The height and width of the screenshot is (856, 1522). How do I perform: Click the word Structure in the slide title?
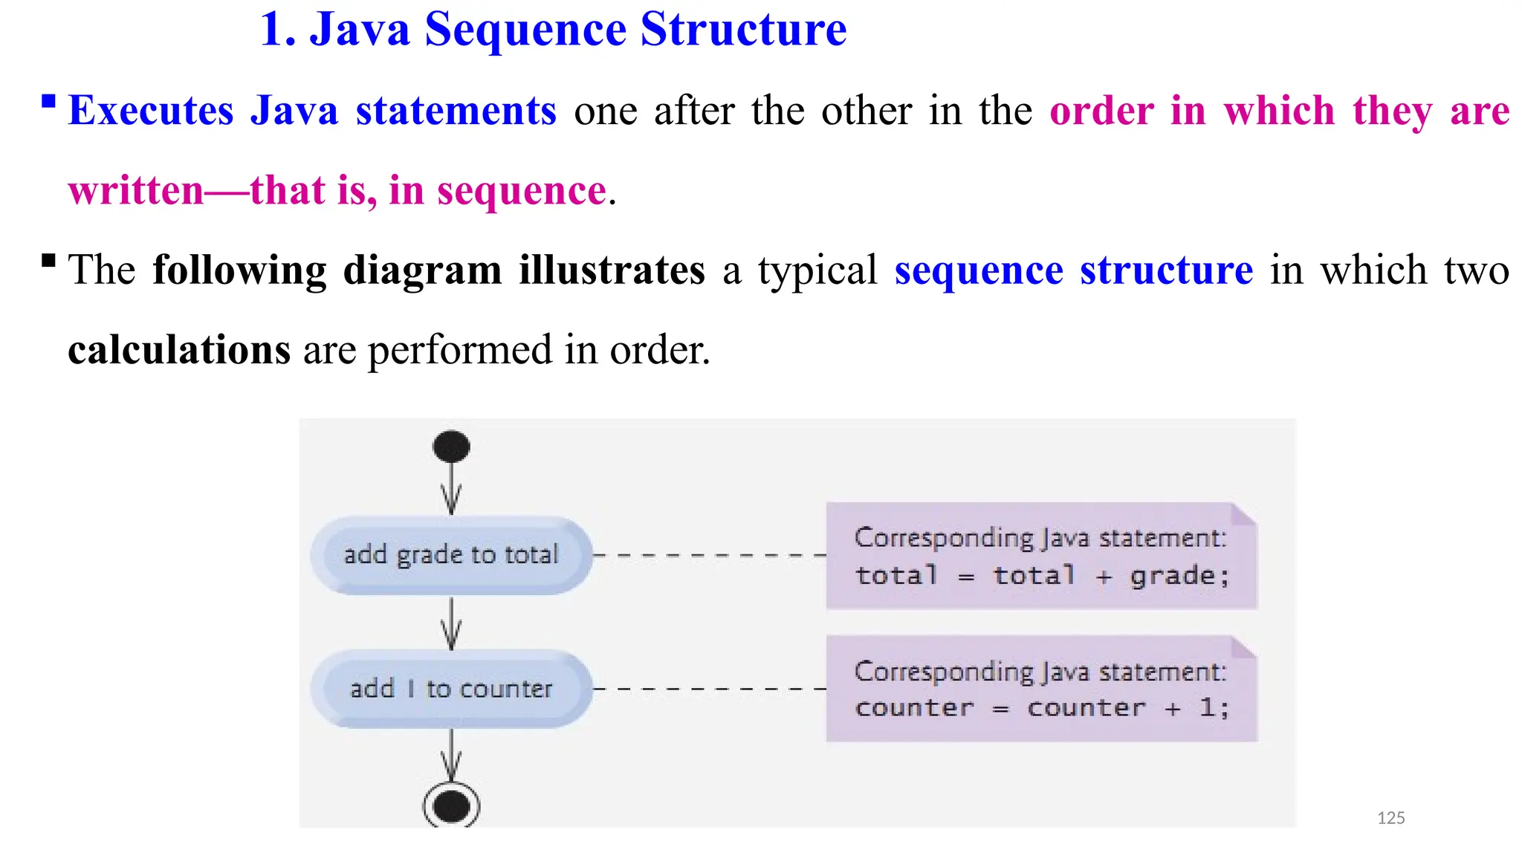[x=743, y=30]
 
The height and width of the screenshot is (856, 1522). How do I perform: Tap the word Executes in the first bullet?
[x=151, y=111]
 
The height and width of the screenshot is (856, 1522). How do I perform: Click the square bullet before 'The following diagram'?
[x=49, y=260]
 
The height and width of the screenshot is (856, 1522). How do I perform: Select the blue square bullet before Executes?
[x=49, y=101]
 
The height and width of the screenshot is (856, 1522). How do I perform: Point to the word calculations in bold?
[x=179, y=349]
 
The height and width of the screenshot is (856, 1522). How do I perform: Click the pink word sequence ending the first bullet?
[x=522, y=191]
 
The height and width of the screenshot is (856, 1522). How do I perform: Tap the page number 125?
[x=1390, y=818]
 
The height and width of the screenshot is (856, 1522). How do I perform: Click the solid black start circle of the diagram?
[x=451, y=447]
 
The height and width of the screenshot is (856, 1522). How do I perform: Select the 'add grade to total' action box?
[x=451, y=555]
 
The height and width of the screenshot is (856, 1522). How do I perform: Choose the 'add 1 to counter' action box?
[x=451, y=689]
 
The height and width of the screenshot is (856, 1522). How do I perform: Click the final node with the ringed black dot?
[x=451, y=805]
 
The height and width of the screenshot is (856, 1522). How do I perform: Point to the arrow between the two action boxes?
[x=451, y=624]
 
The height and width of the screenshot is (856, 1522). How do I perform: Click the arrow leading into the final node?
[x=451, y=756]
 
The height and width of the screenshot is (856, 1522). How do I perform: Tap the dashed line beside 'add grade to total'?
[x=710, y=555]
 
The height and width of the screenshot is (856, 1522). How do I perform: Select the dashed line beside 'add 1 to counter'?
[x=710, y=689]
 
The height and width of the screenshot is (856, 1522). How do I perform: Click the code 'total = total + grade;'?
[x=1042, y=576]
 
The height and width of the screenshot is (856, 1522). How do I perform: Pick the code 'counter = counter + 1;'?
[x=1042, y=708]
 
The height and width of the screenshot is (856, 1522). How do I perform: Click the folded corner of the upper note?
[x=1243, y=514]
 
